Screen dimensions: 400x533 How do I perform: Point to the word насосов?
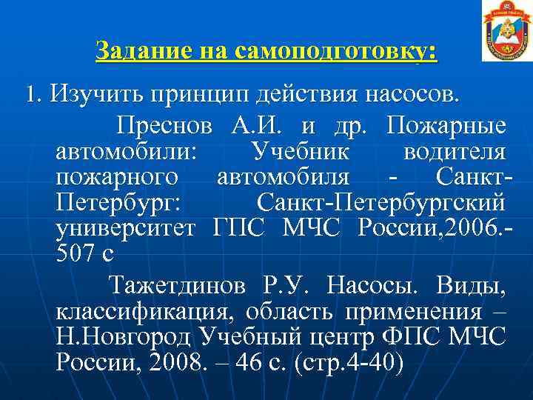(407, 95)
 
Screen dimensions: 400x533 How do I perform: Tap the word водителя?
(455, 151)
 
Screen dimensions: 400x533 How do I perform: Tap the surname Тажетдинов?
(181, 284)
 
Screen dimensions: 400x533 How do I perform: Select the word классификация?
(138, 310)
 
